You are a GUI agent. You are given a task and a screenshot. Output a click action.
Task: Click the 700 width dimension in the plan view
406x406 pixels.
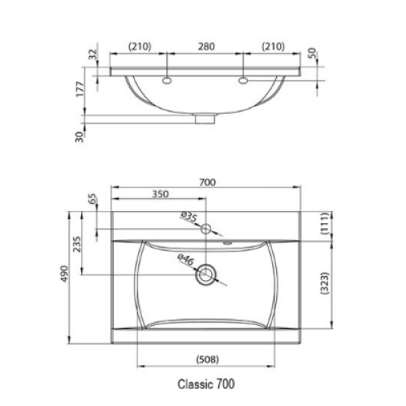tap(207, 183)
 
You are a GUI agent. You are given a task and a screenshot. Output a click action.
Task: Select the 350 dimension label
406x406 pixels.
tap(160, 194)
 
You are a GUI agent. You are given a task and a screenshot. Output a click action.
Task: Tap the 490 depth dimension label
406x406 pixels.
tap(64, 274)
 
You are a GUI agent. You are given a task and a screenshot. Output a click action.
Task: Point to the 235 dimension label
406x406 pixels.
tap(77, 244)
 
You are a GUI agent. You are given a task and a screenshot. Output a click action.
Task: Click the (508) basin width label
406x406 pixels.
tap(207, 360)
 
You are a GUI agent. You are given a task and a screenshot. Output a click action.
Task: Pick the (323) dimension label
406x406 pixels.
tap(325, 283)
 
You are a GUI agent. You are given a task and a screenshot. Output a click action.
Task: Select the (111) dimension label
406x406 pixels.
tap(325, 223)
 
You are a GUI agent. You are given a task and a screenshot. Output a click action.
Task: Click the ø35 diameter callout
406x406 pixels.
tap(189, 217)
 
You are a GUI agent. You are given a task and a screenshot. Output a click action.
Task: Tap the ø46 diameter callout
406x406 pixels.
tap(186, 259)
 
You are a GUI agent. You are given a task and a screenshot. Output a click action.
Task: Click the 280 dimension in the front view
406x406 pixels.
tap(206, 46)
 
